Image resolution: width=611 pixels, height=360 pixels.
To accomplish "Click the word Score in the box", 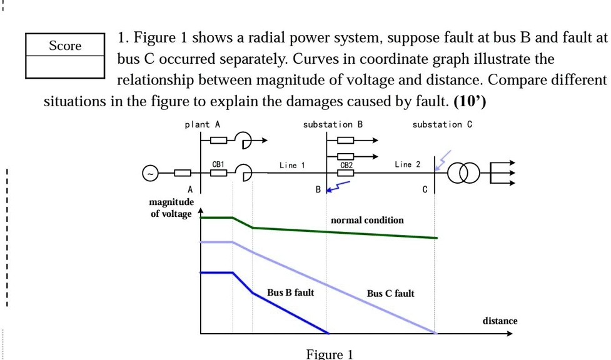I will click(65, 46).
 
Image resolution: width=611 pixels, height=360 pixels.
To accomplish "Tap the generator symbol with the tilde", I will click(150, 173).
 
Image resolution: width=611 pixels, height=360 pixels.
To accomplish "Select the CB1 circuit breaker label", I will click(218, 164).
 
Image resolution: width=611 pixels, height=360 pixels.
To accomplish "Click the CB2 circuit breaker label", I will click(346, 165).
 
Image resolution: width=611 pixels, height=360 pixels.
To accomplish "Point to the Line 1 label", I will click(292, 165).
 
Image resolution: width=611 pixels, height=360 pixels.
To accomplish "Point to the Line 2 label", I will click(407, 164).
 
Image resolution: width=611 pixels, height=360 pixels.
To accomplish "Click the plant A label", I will click(202, 124).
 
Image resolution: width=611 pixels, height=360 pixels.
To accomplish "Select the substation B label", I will click(333, 124).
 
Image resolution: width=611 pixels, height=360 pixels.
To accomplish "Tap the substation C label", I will click(442, 124).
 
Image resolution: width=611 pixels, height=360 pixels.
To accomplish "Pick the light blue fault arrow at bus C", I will click(442, 161).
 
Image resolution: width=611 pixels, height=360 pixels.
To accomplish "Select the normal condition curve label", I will click(367, 220).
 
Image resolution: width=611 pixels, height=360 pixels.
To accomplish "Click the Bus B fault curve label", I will click(290, 292).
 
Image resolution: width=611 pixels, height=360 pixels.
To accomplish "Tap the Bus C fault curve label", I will click(390, 293).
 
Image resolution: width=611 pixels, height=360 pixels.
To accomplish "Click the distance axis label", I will click(500, 321).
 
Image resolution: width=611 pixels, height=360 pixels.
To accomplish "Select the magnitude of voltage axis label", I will click(171, 208).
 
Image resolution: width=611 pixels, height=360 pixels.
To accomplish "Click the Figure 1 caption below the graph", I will click(330, 354).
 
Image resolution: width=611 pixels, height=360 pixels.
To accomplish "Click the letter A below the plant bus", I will click(191, 189).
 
